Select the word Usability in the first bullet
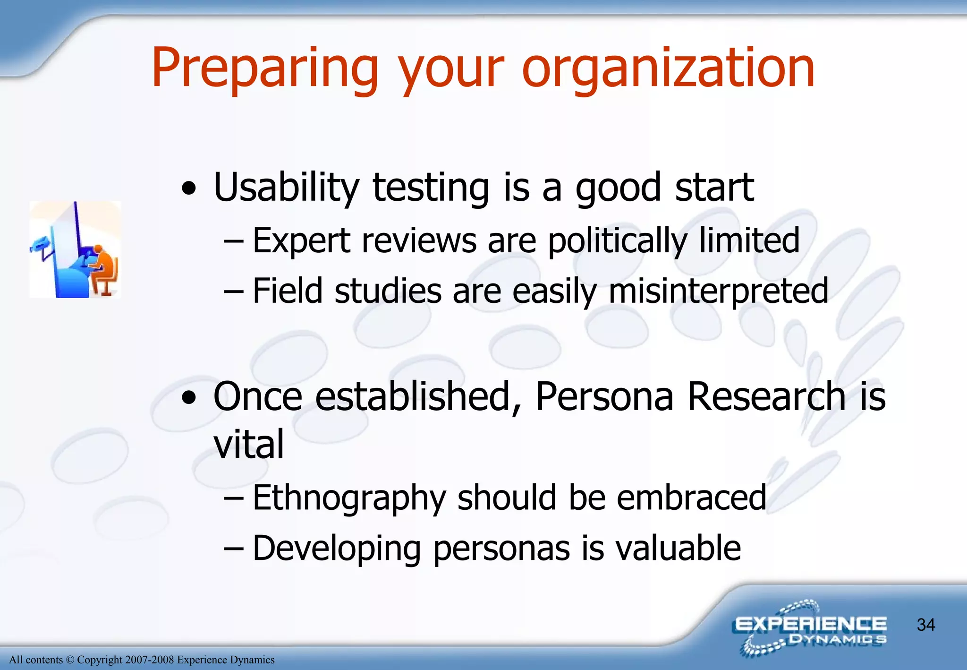click(286, 188)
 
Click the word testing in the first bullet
click(431, 188)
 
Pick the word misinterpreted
click(718, 292)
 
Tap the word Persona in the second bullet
click(604, 396)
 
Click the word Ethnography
click(349, 498)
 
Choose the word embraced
click(691, 498)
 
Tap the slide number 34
click(925, 625)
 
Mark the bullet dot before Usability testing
click(189, 189)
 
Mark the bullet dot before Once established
click(189, 398)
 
